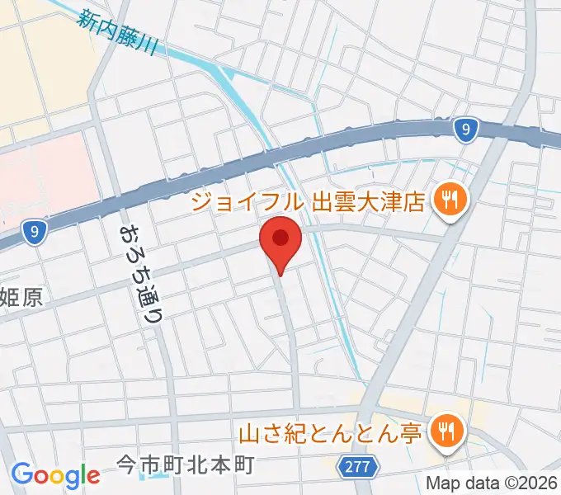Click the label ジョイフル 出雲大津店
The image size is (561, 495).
click(307, 200)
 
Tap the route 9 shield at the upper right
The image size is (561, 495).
click(466, 128)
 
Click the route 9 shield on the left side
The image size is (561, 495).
click(32, 234)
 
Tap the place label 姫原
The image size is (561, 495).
click(21, 298)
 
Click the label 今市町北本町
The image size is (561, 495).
click(183, 465)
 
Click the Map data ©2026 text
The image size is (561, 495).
click(492, 483)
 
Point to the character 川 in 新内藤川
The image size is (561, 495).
click(151, 49)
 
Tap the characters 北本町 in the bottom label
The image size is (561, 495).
click(218, 465)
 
